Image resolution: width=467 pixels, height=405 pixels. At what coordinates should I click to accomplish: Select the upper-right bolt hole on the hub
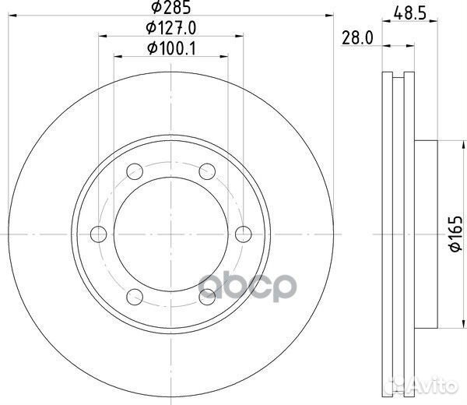point(207,168)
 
